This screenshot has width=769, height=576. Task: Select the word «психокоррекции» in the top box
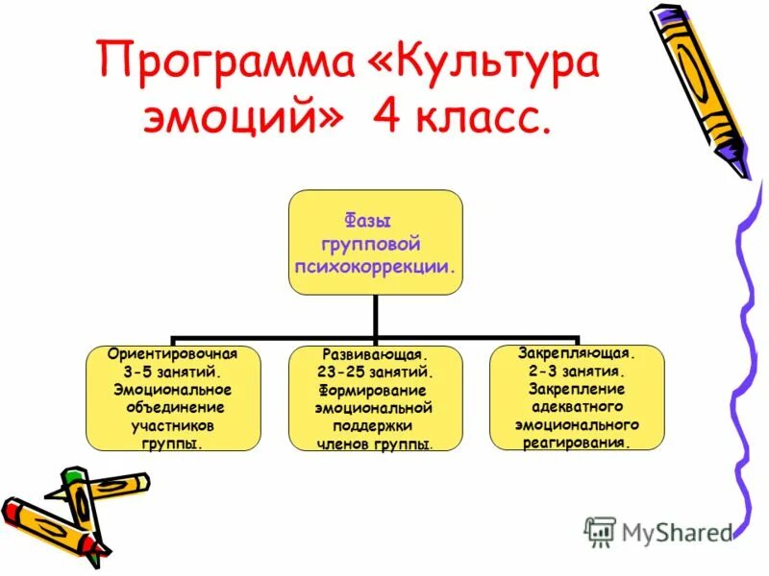[x=375, y=261]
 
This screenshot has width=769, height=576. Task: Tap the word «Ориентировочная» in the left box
[x=173, y=352]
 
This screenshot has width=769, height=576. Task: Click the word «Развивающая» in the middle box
[x=375, y=353]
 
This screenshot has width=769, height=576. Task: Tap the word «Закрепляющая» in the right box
[x=577, y=352]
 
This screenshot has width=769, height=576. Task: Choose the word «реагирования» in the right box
[x=577, y=443]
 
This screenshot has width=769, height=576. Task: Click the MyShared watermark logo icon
[x=601, y=531]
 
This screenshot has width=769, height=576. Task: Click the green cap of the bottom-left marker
[x=74, y=477]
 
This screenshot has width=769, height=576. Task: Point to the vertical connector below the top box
[x=375, y=316]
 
